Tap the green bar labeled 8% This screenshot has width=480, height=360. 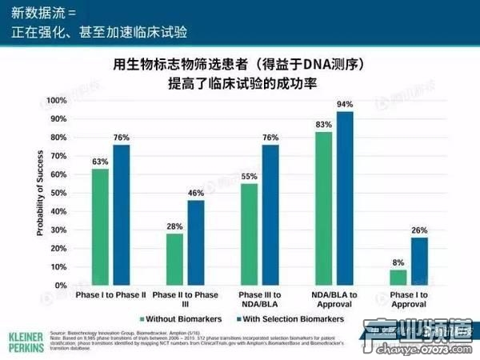coord(398,278)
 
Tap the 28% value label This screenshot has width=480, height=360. coord(174,226)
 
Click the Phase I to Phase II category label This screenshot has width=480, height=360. coord(110,297)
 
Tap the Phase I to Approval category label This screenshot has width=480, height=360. coord(409,301)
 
